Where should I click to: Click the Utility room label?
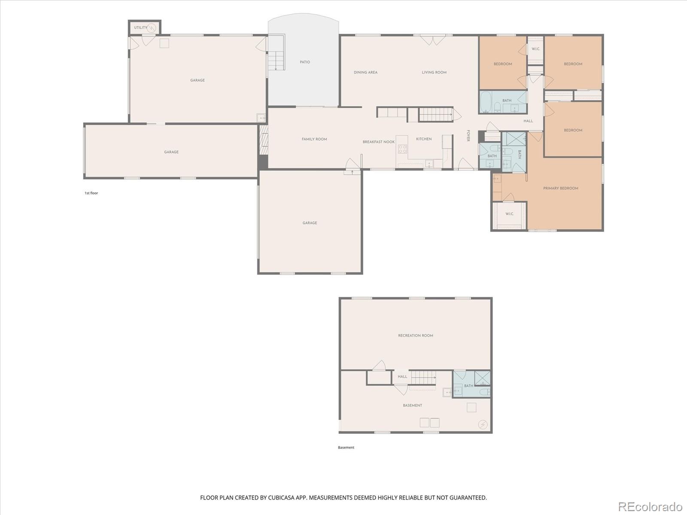(x=140, y=27)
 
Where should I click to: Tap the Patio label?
(x=305, y=62)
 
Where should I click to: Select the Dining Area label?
(x=365, y=73)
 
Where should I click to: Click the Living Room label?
(x=434, y=73)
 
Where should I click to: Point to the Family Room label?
(x=314, y=139)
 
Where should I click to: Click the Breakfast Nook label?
(x=378, y=142)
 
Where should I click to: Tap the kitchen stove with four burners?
(x=402, y=149)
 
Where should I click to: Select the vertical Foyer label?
(x=468, y=136)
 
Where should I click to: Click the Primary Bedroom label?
(x=560, y=188)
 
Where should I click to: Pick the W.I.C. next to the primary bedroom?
(x=509, y=214)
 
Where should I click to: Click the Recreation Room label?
(x=415, y=336)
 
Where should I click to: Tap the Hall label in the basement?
(x=402, y=377)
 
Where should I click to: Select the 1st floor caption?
(x=91, y=193)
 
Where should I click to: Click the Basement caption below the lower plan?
(x=346, y=448)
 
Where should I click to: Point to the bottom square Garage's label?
(x=310, y=223)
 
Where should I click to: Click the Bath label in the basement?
(x=468, y=386)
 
